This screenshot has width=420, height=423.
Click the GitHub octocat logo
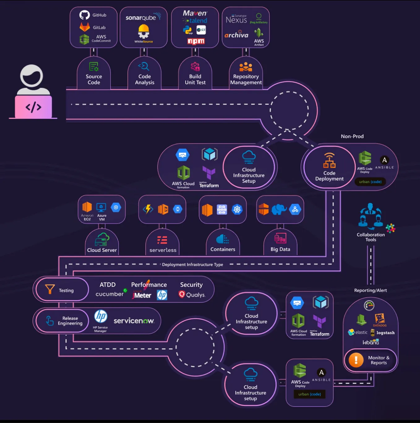click(x=84, y=15)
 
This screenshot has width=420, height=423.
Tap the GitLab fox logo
click(x=84, y=27)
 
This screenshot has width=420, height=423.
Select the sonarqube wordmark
click(x=141, y=18)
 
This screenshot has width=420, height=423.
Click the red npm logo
click(x=196, y=41)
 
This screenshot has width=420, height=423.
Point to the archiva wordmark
click(x=236, y=35)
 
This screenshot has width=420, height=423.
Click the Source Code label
click(x=94, y=79)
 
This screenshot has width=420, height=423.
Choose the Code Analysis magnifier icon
click(x=144, y=66)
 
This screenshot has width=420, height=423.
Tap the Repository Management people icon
click(x=246, y=67)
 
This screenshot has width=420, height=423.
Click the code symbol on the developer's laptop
click(x=33, y=107)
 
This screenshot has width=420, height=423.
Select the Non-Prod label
click(x=352, y=136)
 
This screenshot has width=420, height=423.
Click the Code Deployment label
click(x=329, y=176)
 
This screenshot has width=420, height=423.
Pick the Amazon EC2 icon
click(x=87, y=207)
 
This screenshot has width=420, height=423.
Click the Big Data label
click(x=280, y=249)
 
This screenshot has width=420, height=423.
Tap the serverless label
click(x=163, y=250)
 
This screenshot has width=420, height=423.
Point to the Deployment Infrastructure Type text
click(x=192, y=264)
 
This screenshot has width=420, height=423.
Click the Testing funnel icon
click(x=50, y=289)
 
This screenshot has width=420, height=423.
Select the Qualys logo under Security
click(x=192, y=295)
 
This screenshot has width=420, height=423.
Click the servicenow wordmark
click(x=134, y=321)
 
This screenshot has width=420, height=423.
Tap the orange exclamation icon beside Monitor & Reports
click(x=356, y=360)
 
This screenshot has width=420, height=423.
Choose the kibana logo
click(x=371, y=342)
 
